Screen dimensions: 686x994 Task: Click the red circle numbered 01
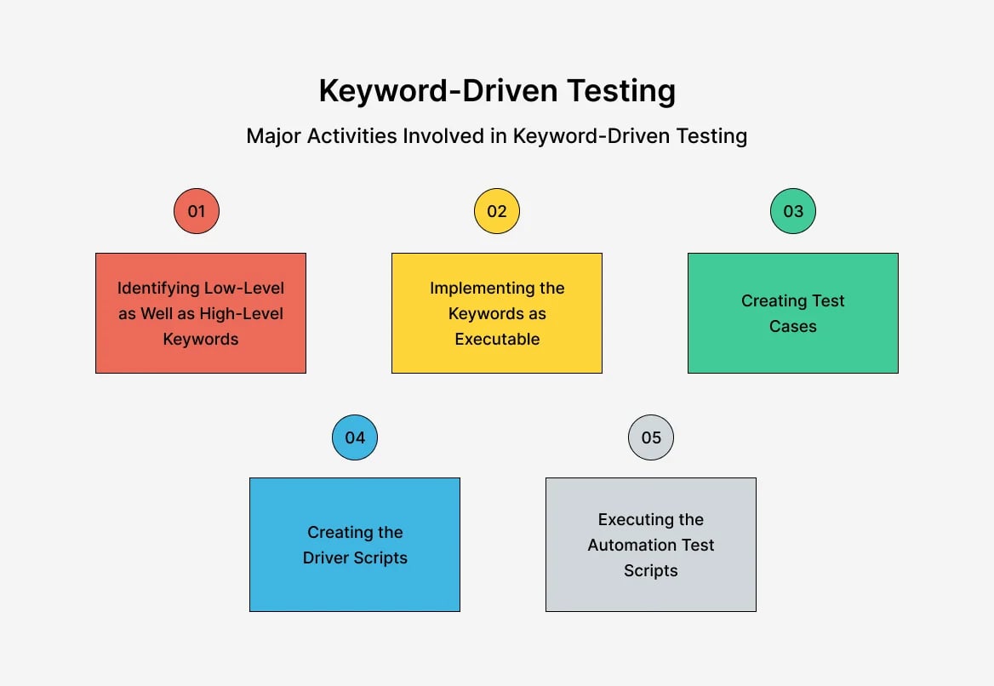click(x=197, y=211)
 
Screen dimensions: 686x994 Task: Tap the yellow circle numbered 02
click(x=497, y=211)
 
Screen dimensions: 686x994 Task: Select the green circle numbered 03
click(x=793, y=211)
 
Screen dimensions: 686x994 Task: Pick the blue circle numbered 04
click(x=355, y=437)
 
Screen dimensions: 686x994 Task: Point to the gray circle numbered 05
click(x=651, y=437)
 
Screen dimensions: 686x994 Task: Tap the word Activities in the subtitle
click(x=350, y=136)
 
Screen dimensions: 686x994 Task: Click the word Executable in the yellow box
click(x=497, y=339)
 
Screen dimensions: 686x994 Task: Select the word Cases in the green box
click(x=793, y=326)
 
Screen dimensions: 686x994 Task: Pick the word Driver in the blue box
click(x=328, y=557)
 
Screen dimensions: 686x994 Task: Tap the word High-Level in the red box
click(x=243, y=313)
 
